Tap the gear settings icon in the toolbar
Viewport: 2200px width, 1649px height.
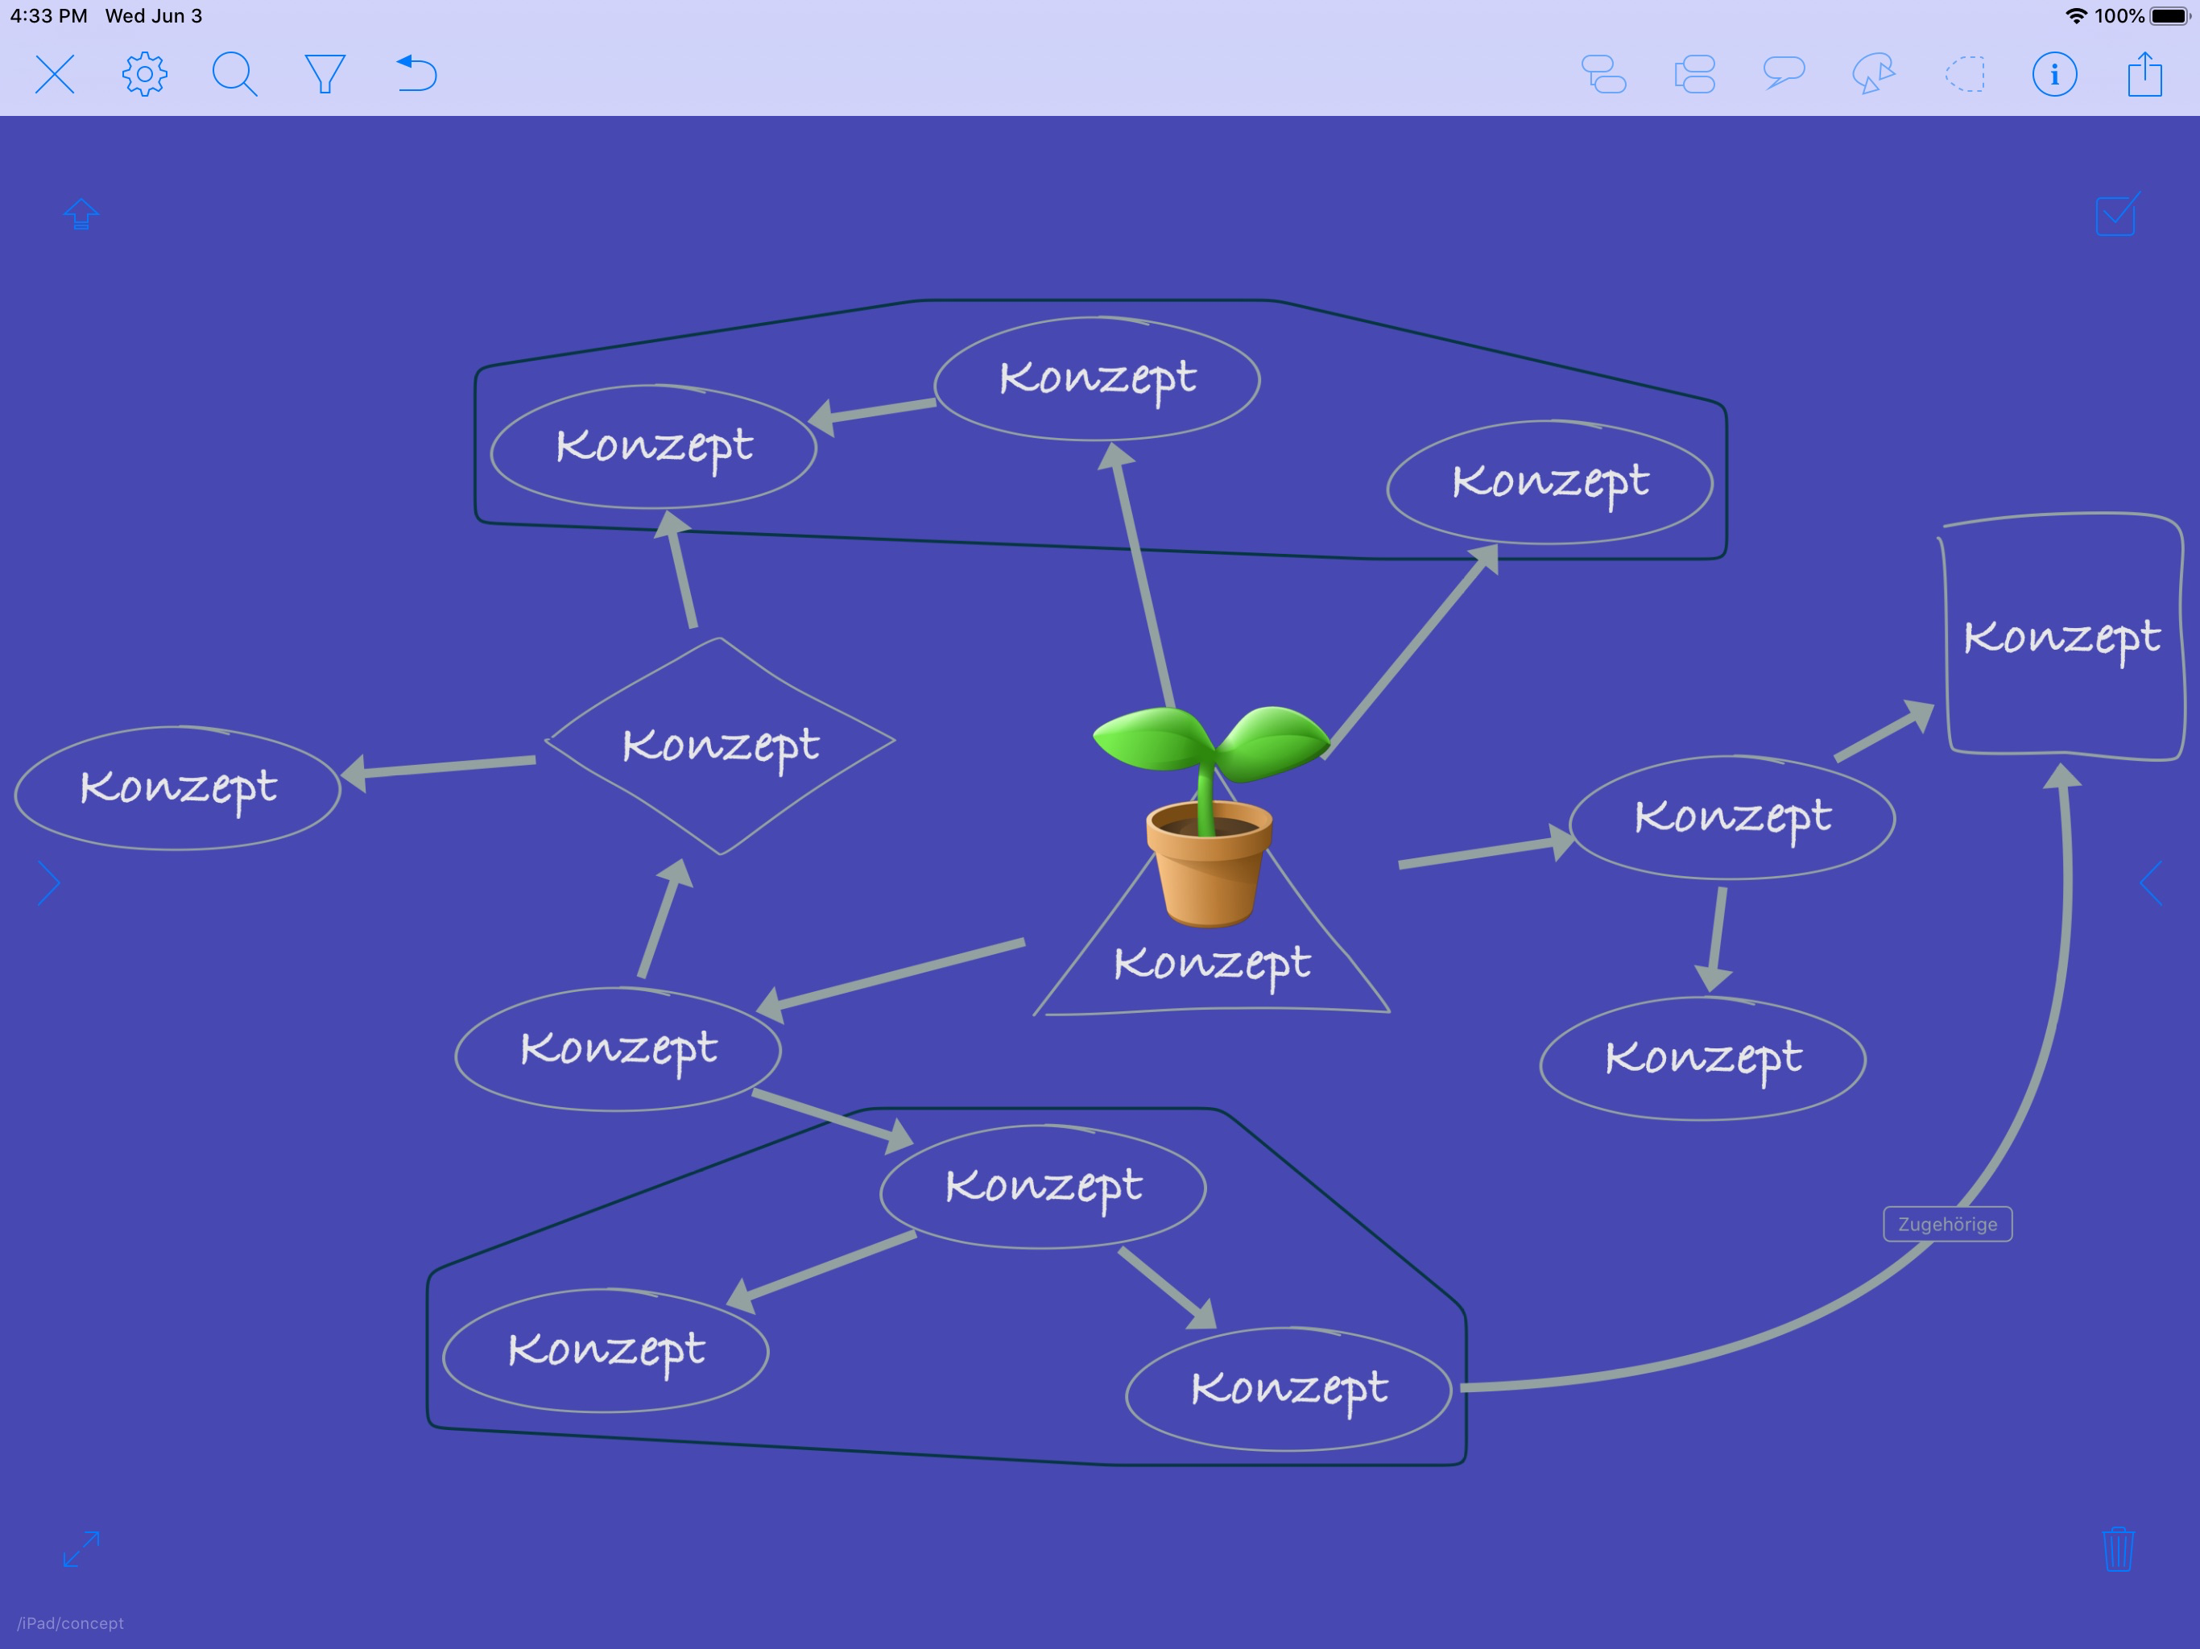point(144,73)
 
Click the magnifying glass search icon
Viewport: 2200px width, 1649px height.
point(234,73)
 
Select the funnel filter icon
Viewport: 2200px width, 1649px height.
point(325,73)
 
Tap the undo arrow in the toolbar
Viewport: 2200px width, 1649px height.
point(416,73)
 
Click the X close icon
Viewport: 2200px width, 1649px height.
point(55,73)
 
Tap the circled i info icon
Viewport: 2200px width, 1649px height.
point(2053,73)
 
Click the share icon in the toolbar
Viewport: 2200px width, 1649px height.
point(2144,73)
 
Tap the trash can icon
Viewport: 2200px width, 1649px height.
point(2117,1548)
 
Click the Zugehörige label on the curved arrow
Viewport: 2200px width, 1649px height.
point(1946,1223)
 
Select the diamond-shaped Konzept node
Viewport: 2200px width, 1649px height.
point(720,745)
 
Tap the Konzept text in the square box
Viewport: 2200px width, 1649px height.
point(2061,637)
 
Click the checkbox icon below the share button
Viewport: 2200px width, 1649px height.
point(2116,214)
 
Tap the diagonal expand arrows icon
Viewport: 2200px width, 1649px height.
point(81,1548)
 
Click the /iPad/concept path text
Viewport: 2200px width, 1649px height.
point(71,1623)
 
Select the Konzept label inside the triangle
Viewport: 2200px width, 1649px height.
point(1211,963)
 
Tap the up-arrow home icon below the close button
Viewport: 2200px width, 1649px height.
point(81,214)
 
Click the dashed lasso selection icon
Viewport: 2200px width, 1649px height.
point(1964,73)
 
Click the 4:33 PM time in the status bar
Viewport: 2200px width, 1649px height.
point(49,16)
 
